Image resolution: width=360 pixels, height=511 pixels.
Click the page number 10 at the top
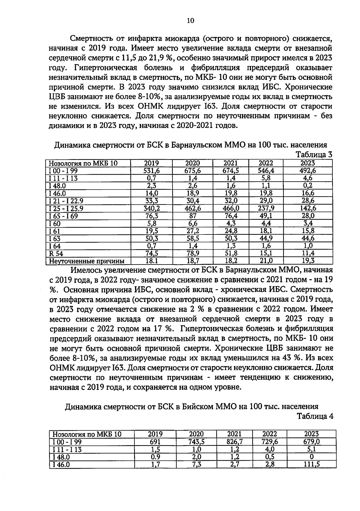pos(190,20)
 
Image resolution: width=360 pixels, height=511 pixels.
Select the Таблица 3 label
pos(314,155)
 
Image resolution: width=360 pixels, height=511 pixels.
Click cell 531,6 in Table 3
pos(151,171)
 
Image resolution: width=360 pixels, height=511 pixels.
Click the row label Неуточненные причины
pos(86,261)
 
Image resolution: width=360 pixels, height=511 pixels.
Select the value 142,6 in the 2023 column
pos(307,208)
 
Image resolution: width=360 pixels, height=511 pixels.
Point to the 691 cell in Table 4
pos(155,442)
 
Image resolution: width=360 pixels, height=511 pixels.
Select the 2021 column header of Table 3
pos(230,163)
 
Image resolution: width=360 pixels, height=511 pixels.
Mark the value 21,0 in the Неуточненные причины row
pos(266,261)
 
